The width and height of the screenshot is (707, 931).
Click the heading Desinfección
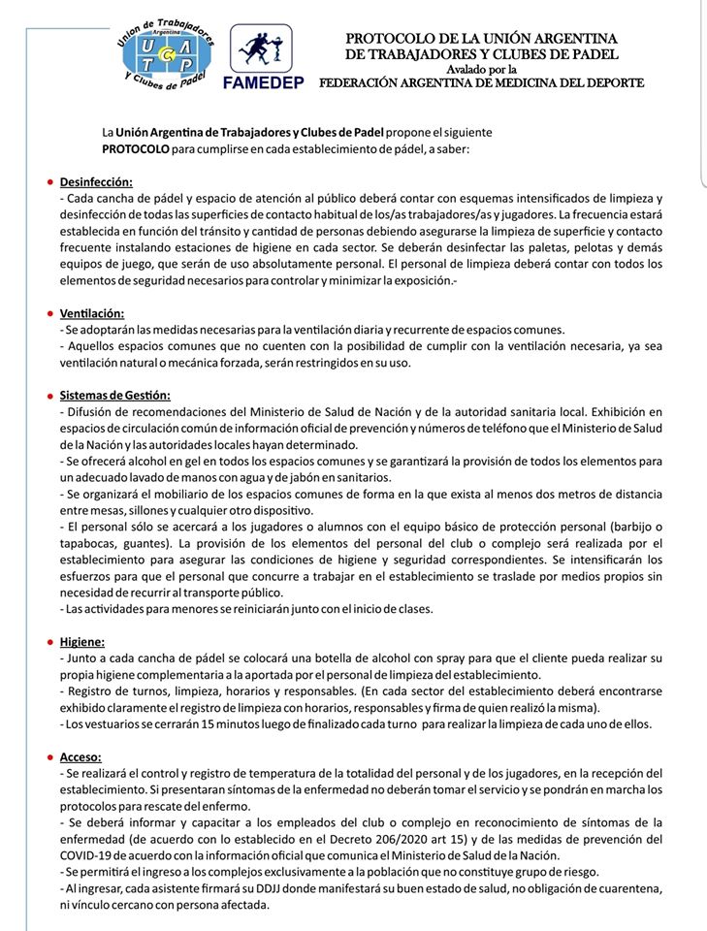click(96, 182)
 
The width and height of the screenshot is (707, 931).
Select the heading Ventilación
click(92, 314)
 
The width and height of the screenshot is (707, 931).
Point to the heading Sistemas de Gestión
click(114, 395)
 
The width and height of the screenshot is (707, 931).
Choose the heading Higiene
click(82, 642)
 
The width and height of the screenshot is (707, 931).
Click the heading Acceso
click(80, 756)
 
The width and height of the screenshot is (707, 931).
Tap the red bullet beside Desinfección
click(49, 182)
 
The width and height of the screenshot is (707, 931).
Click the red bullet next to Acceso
click(49, 756)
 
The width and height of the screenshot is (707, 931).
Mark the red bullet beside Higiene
click(49, 642)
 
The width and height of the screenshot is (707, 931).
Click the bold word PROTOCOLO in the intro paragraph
click(136, 149)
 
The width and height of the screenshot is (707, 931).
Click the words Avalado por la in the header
click(482, 69)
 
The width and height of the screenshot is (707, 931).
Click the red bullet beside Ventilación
click(49, 314)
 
